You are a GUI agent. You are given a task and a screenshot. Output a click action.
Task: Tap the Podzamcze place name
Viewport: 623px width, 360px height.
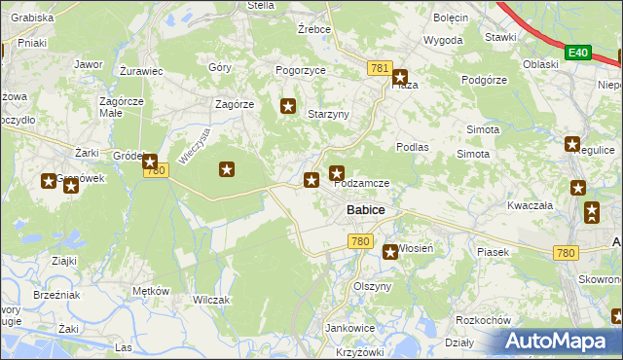362,183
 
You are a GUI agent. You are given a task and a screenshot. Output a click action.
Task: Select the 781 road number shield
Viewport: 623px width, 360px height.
380,68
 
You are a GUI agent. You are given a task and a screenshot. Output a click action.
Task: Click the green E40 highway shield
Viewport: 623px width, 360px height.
579,51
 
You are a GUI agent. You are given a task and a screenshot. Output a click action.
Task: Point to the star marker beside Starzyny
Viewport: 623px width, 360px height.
288,106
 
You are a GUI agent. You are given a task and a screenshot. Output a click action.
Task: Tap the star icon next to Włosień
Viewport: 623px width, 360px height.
389,251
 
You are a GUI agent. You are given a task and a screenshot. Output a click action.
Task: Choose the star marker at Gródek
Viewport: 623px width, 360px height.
149,160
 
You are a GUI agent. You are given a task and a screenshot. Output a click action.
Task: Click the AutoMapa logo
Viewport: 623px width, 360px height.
563,342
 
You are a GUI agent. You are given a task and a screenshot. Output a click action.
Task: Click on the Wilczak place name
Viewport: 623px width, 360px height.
210,300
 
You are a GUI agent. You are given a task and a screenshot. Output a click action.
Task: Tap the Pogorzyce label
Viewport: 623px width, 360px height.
300,71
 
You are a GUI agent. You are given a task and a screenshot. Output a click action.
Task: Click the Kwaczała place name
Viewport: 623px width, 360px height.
530,206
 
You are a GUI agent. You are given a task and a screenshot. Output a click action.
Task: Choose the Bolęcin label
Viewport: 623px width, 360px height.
451,18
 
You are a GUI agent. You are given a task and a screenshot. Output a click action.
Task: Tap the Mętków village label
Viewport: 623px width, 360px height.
151,291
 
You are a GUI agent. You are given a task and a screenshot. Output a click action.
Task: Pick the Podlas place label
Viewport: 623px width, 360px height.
413,146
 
